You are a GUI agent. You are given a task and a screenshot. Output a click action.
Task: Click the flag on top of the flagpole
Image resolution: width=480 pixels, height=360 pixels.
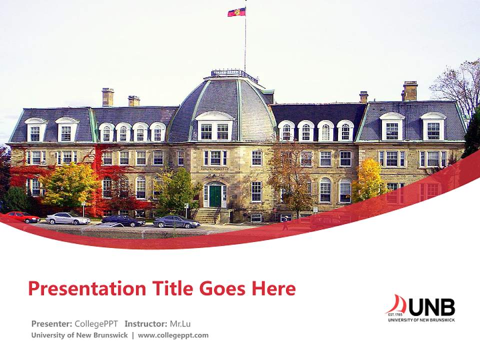point(236,11)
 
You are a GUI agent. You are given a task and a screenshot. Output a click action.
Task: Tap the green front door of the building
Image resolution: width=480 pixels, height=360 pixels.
point(215,195)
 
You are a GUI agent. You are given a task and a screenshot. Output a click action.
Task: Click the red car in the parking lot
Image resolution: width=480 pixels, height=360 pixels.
point(22,217)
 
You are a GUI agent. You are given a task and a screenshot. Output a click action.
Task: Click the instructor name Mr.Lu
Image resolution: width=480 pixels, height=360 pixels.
point(180,323)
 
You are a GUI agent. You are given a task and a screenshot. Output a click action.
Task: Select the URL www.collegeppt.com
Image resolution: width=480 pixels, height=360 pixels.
point(173,335)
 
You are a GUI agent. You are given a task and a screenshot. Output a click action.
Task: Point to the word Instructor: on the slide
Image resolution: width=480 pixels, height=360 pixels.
point(145,323)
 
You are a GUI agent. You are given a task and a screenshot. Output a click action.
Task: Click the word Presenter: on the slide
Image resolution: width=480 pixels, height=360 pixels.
point(52,323)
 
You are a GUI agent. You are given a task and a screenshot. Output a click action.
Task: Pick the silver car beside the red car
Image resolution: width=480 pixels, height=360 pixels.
point(67,218)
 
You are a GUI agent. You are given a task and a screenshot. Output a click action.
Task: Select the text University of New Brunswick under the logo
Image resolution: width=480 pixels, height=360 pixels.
point(421,319)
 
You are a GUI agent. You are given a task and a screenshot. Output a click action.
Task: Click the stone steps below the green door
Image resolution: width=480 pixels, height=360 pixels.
point(206,215)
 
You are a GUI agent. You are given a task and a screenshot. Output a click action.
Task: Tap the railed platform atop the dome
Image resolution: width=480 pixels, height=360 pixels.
point(234,75)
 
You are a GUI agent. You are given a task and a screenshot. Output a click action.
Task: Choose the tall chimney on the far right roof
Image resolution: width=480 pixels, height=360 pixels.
point(409,91)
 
